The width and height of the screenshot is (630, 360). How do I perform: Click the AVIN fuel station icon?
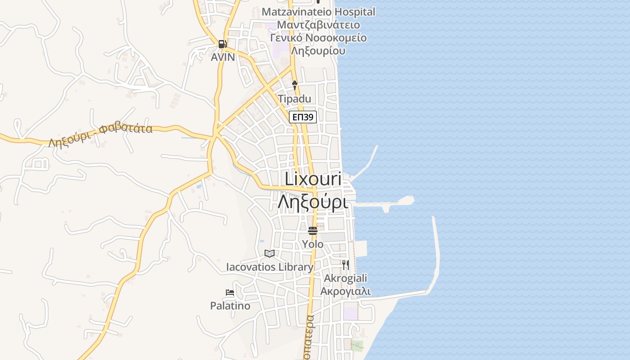pos(222,44)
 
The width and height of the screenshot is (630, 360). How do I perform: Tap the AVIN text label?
pos(223,57)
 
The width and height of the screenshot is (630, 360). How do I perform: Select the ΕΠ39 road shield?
pos(303,117)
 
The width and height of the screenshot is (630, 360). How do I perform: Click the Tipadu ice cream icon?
pos(295,85)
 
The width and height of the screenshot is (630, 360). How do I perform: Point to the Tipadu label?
pos(294,99)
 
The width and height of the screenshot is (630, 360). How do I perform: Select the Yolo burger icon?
pos(313,231)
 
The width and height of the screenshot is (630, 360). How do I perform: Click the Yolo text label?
pos(313,244)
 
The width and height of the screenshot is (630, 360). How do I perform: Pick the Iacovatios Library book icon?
pos(270,254)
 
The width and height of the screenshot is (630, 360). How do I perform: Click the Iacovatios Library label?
pos(270,267)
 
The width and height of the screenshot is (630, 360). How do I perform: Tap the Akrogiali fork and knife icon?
pos(345,265)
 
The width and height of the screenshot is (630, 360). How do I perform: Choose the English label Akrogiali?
pos(346,278)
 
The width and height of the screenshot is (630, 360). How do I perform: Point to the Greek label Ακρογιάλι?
pos(346,291)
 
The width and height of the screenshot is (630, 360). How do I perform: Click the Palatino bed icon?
pos(230,292)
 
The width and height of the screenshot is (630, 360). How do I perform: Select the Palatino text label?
pos(230,306)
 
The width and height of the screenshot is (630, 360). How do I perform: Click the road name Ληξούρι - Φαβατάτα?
pos(100,135)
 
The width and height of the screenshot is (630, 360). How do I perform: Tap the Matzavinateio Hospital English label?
pos(318,12)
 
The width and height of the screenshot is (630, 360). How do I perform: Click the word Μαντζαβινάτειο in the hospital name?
pos(318,25)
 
